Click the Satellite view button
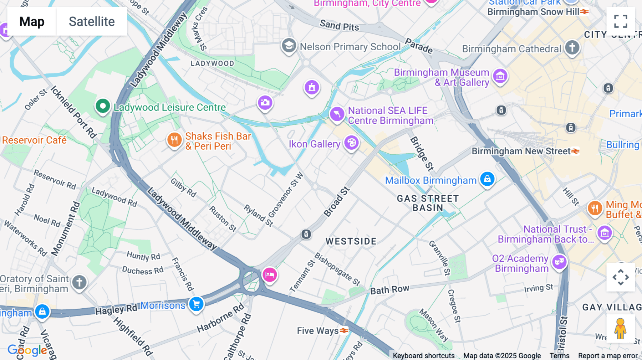click(x=92, y=21)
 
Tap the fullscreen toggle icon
click(x=621, y=21)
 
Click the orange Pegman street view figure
click(x=621, y=329)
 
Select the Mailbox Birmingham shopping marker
click(x=487, y=179)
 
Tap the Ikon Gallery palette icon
click(x=351, y=143)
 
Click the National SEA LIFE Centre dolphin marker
click(x=337, y=114)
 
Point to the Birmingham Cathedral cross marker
click(x=572, y=47)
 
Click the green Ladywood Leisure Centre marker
click(x=103, y=106)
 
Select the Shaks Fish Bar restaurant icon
click(x=174, y=140)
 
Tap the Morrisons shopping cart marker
click(x=196, y=304)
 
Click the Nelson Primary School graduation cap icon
click(x=289, y=46)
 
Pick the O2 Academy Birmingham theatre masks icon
click(x=559, y=262)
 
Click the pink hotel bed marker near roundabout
click(x=270, y=275)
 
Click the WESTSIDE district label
click(x=351, y=241)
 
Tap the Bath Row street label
click(x=389, y=289)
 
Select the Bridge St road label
click(x=422, y=154)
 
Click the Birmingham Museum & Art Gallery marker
click(x=500, y=76)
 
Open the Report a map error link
click(x=608, y=355)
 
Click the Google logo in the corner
click(x=27, y=350)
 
